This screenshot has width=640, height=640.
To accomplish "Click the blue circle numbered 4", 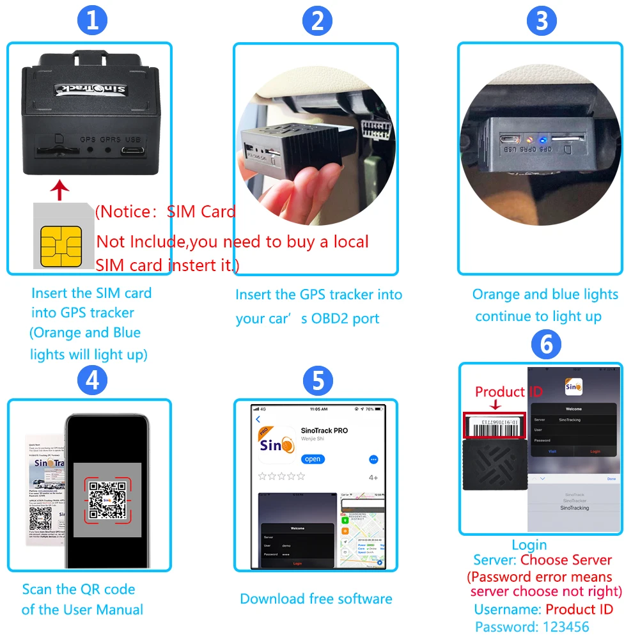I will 92,381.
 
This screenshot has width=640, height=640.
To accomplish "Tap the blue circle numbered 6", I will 545,345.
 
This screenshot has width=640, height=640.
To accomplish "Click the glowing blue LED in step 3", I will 541,138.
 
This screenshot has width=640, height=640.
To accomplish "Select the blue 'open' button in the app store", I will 313,459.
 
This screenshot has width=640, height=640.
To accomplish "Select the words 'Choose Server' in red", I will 566,560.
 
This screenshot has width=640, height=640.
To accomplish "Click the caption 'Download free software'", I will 316,599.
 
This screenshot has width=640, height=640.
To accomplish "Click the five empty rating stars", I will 281,476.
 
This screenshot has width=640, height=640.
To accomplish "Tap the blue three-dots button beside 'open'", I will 374,459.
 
